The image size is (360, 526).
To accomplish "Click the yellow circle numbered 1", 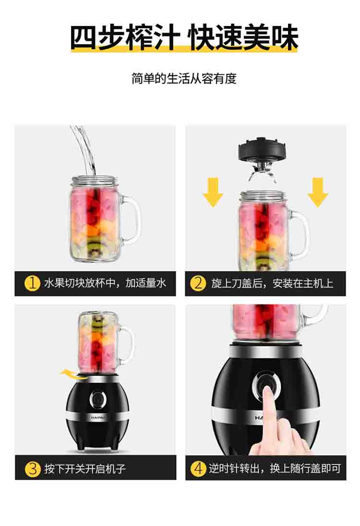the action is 32,283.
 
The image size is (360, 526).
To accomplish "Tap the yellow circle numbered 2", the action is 198,283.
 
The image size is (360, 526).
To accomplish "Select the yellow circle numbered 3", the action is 33,468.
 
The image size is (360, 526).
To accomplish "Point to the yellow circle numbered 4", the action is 198,468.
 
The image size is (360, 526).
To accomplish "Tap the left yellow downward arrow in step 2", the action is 213,192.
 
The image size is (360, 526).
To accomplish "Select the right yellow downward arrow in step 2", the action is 318,192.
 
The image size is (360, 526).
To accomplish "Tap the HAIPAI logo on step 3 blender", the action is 97,418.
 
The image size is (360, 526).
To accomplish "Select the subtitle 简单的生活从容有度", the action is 184,79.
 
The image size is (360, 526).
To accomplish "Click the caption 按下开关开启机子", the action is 85,468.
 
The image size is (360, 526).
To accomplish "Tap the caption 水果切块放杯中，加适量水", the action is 105,283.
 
